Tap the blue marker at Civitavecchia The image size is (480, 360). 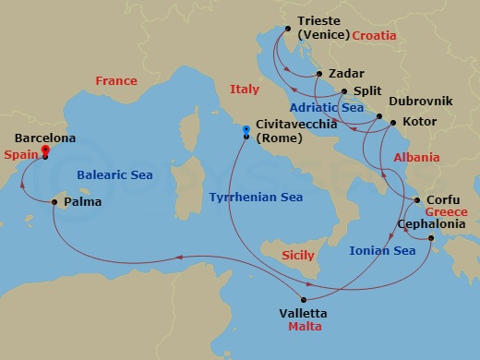coord(246,129)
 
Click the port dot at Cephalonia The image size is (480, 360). coord(432,240)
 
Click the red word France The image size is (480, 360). coord(116,81)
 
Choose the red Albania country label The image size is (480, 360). coord(416,158)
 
